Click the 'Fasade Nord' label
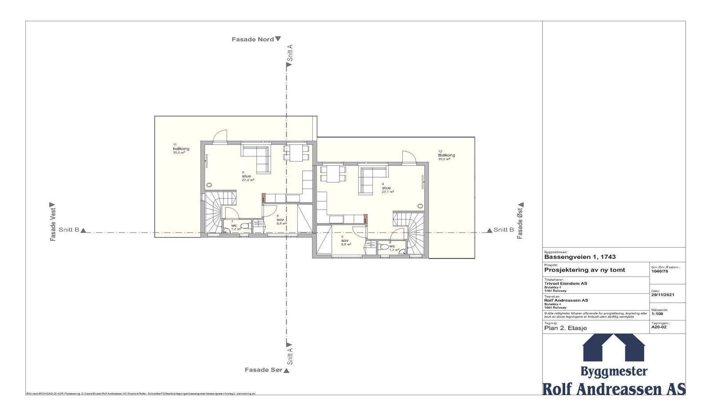click(252, 40)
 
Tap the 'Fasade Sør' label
click(264, 370)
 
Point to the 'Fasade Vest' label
click(53, 224)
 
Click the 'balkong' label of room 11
click(181, 149)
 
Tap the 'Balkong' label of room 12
click(446, 156)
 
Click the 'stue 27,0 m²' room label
click(248, 176)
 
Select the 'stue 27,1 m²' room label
click(387, 188)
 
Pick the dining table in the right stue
click(332, 173)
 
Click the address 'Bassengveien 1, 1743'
click(579, 257)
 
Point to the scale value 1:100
click(657, 314)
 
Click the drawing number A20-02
click(659, 327)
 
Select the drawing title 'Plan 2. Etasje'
click(565, 328)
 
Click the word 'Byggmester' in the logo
click(614, 371)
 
